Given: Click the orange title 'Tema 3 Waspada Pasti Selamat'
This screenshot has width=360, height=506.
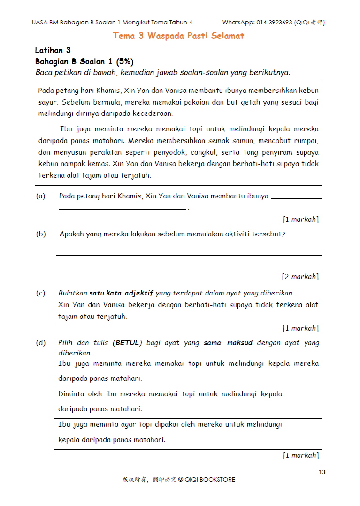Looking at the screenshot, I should coord(178,36).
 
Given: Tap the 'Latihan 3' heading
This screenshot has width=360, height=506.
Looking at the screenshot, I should coord(53,50).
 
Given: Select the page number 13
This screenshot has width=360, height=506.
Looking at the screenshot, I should coord(322,472).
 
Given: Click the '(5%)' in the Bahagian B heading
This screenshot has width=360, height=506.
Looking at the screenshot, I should coord(125,61).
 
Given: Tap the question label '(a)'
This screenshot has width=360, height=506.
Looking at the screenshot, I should coord(41,196).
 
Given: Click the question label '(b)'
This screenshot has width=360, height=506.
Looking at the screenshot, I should coord(41,234).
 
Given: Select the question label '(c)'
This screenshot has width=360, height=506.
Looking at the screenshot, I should coord(41,293).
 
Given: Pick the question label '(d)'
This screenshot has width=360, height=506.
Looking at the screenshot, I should coord(41,343).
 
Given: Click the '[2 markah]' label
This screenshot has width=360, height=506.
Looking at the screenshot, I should coord(300,277).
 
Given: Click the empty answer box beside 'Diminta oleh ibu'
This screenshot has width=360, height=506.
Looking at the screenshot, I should coord(303,403).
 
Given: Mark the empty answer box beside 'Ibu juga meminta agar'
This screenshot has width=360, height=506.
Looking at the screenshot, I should coord(303,434).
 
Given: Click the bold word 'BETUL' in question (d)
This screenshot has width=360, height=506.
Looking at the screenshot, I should coord(128,343).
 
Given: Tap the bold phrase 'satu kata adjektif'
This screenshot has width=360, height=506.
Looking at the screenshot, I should coord(121,293).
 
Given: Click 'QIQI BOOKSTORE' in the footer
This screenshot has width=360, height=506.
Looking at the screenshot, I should coord(210,480).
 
